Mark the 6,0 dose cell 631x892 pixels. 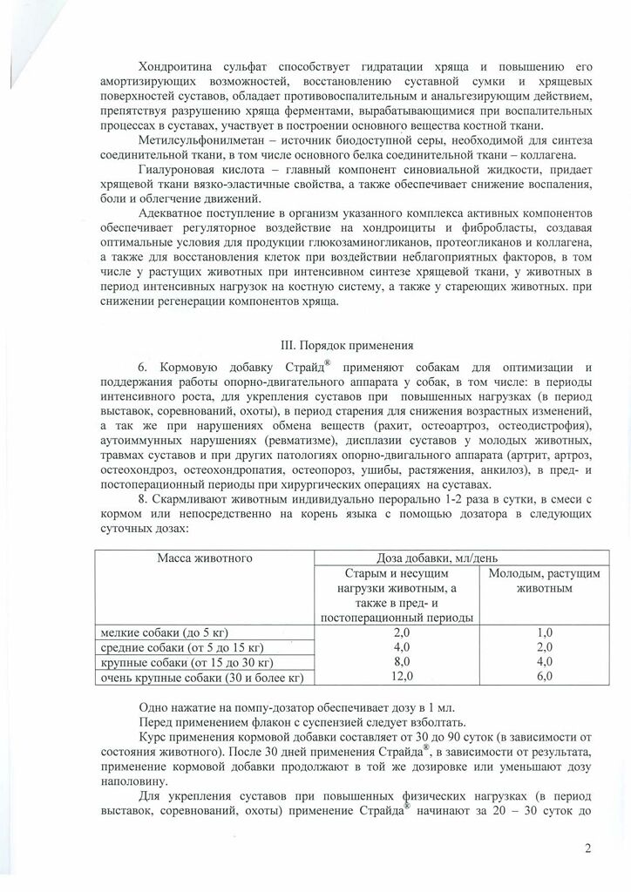544,676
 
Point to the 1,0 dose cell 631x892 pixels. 544,632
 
